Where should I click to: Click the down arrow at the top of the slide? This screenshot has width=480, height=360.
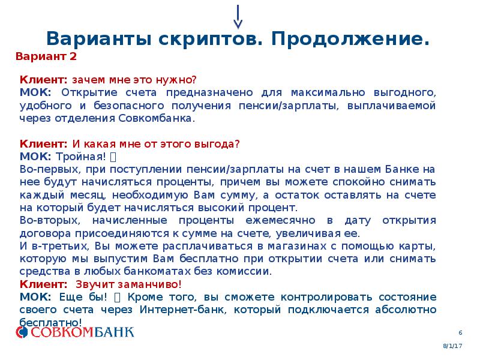point(238,17)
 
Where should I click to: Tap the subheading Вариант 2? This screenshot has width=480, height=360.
point(46,57)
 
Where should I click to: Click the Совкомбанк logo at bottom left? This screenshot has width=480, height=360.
point(75,331)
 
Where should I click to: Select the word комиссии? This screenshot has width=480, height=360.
point(250,271)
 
